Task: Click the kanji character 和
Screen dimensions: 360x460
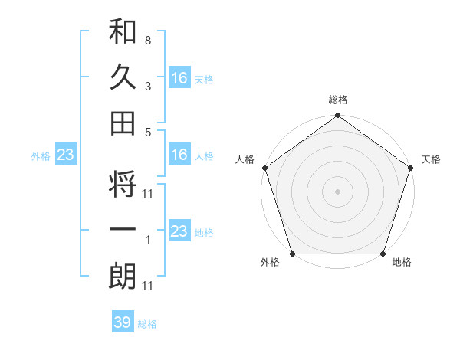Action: point(123,33)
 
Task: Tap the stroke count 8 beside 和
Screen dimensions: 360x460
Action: point(147,39)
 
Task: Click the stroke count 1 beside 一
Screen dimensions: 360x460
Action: point(147,241)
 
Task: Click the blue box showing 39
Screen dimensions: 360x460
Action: point(122,322)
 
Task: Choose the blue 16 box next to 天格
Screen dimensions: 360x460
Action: point(179,77)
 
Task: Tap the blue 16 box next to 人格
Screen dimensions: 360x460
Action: point(179,155)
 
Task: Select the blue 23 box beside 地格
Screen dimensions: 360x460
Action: point(179,231)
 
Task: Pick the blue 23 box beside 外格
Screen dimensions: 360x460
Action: point(65,155)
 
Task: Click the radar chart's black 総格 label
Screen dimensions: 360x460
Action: point(337,100)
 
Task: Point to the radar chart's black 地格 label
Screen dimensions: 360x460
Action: point(402,263)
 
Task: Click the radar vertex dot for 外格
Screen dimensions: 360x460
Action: point(292,254)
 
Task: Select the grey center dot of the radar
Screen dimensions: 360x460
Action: point(337,191)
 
